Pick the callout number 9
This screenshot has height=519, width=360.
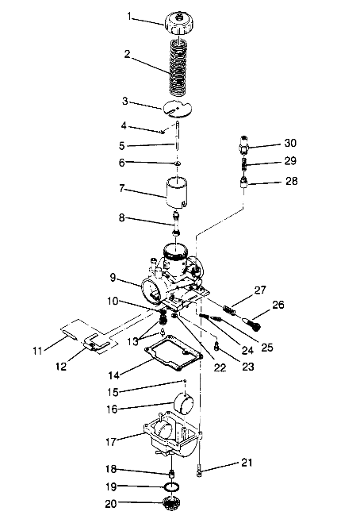115,278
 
